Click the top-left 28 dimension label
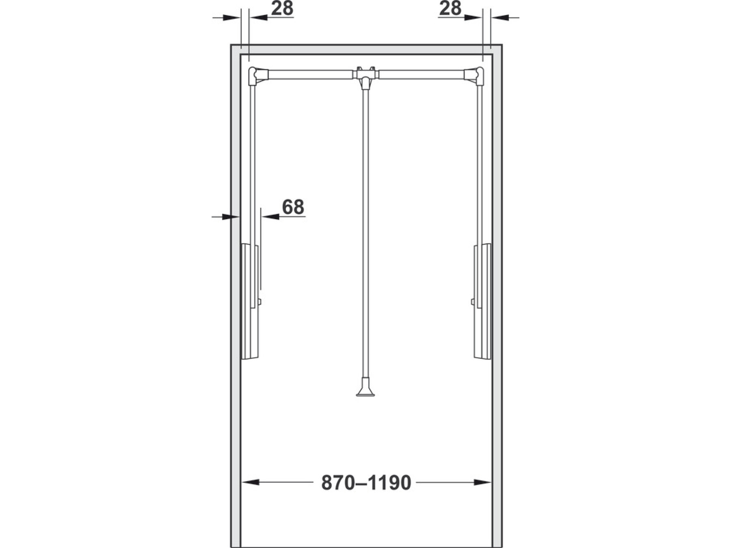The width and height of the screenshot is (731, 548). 282,8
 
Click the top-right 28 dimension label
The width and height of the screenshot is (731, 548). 450,8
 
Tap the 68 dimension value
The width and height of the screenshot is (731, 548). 293,207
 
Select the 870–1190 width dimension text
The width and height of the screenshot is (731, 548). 366,483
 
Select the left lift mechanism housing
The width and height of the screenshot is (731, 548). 250,301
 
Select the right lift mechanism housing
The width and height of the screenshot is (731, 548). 482,301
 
